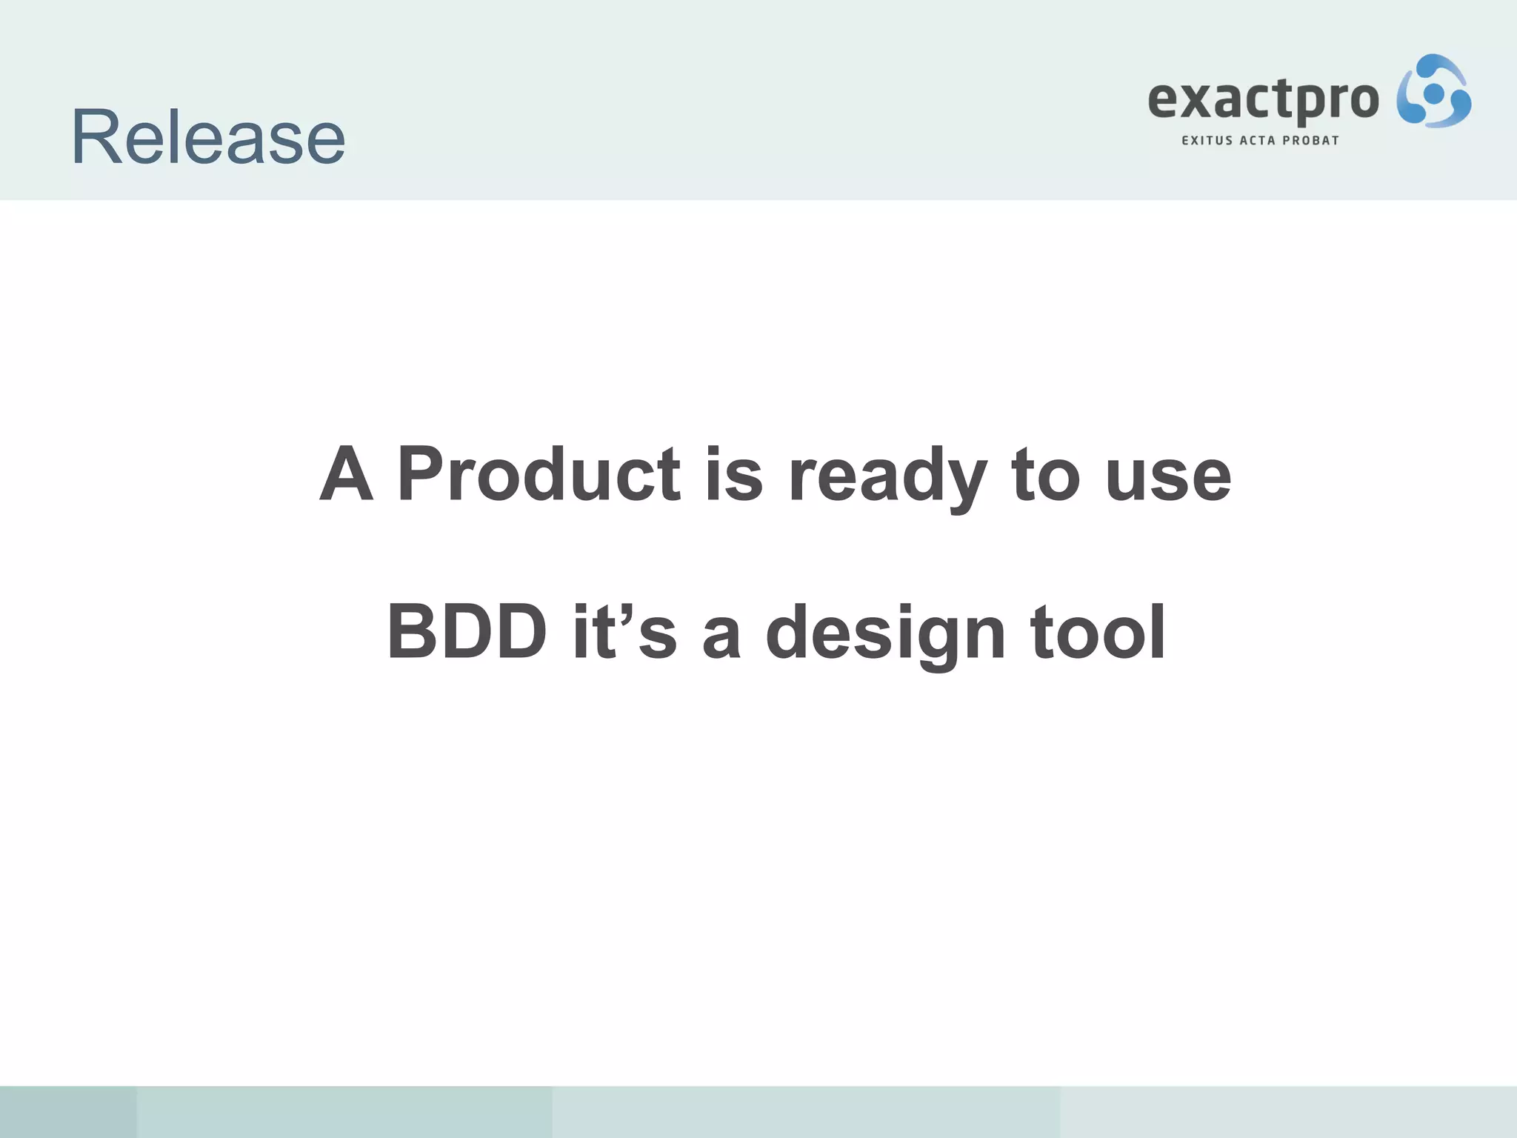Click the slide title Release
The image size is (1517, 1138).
tap(208, 138)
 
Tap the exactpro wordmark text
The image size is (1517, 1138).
tap(1263, 100)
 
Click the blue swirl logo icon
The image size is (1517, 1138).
tap(1433, 92)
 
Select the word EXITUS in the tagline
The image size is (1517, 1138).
tap(1207, 141)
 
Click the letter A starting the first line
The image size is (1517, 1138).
tap(346, 474)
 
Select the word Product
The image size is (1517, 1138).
tap(539, 474)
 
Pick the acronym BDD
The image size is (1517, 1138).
tap(467, 632)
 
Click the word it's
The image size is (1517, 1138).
tap(624, 632)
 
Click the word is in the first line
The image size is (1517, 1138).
tap(733, 474)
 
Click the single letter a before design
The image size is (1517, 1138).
tap(721, 637)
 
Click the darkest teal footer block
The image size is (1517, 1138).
tap(68, 1111)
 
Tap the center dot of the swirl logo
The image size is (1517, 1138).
tap(1434, 93)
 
